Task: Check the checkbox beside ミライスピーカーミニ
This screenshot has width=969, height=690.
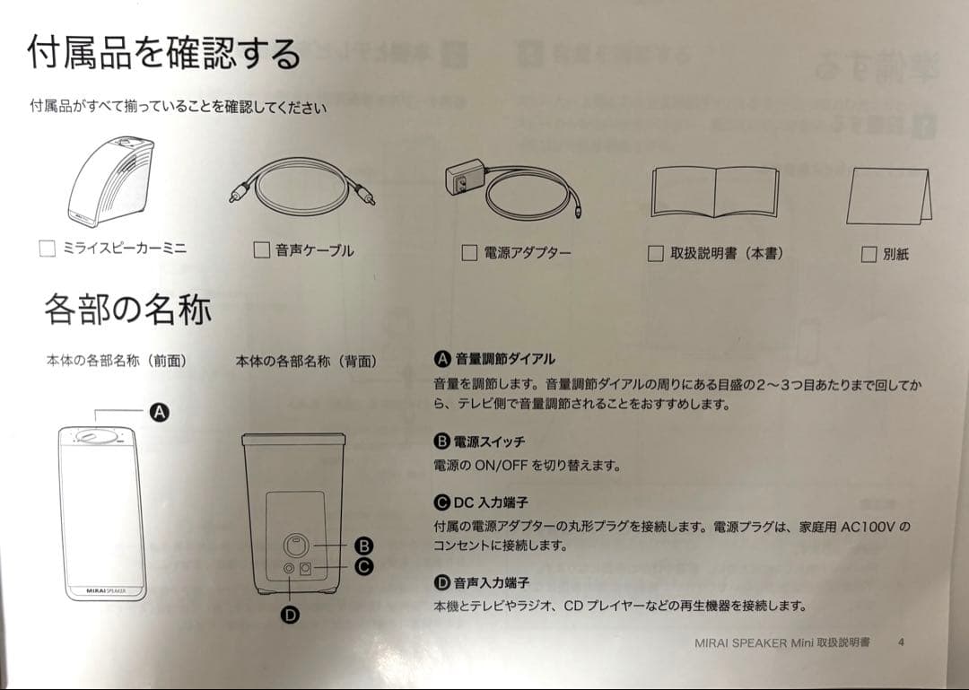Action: (47, 249)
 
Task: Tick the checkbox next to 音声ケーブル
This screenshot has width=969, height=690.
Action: (261, 249)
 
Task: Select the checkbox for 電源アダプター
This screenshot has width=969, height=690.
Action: (469, 252)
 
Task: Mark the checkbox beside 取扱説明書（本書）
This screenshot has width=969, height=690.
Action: (655, 254)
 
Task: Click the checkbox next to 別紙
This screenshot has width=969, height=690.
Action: (869, 254)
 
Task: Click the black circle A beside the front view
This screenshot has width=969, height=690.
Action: (160, 413)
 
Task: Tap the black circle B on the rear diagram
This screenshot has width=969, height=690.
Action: (364, 546)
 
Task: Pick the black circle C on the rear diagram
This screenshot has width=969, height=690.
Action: (364, 566)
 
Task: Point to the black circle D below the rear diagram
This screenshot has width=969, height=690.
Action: (290, 615)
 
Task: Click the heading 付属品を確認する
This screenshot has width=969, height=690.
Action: (164, 53)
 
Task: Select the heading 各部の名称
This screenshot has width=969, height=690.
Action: (128, 310)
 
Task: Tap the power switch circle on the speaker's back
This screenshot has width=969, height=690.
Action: (295, 546)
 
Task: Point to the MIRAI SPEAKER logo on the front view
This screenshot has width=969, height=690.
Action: (106, 591)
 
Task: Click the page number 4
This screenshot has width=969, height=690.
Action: (901, 642)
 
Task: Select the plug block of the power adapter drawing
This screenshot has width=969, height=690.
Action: (465, 177)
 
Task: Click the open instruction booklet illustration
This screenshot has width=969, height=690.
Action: (714, 192)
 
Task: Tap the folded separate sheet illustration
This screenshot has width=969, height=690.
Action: (888, 196)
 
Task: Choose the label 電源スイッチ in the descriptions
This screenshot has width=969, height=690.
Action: (489, 441)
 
